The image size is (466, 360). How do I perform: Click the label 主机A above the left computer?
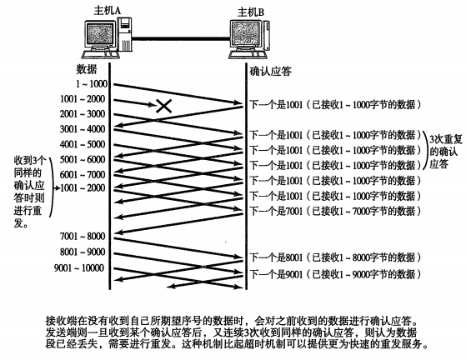108,10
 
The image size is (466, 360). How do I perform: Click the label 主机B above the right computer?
251,12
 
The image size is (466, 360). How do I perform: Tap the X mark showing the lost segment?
163,106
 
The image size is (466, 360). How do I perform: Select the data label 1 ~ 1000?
91,84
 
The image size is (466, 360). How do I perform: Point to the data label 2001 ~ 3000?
83,114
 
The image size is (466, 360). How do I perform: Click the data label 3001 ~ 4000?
83,129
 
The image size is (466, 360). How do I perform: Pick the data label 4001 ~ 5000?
83,144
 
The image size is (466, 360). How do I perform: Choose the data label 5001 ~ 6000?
83,159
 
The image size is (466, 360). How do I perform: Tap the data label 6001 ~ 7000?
83,174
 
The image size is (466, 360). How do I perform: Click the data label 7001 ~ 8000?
83,236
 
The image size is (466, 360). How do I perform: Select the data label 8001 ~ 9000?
83,252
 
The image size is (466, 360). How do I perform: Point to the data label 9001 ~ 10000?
79,268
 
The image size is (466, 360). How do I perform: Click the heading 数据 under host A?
87,69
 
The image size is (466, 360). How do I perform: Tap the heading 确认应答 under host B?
270,72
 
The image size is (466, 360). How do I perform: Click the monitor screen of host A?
99,34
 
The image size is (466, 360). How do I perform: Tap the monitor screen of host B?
245,33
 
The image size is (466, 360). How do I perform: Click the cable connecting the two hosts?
181,38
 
